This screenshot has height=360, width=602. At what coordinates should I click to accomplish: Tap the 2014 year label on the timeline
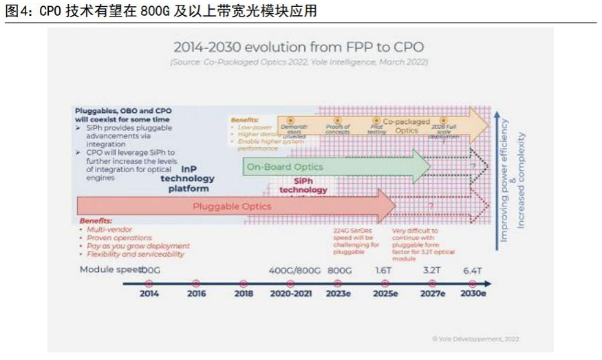149,293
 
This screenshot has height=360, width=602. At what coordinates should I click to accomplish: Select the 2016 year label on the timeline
196,293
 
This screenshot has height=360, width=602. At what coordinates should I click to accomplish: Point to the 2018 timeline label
243,293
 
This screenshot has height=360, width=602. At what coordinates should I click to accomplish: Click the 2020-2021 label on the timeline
290,293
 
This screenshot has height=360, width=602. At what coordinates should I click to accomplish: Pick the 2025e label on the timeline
385,293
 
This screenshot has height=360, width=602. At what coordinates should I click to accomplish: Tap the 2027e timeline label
433,293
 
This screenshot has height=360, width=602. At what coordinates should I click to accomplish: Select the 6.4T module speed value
472,271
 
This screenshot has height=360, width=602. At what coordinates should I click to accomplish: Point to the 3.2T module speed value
432,271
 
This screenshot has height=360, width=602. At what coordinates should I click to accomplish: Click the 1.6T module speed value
384,271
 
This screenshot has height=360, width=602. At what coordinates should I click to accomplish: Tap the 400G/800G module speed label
294,271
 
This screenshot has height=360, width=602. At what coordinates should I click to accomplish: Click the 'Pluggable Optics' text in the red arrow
232,206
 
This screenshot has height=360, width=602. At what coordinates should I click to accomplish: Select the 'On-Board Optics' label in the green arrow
285,167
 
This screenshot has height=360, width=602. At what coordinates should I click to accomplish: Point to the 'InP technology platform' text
188,178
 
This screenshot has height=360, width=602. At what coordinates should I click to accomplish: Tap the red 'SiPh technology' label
303,185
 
